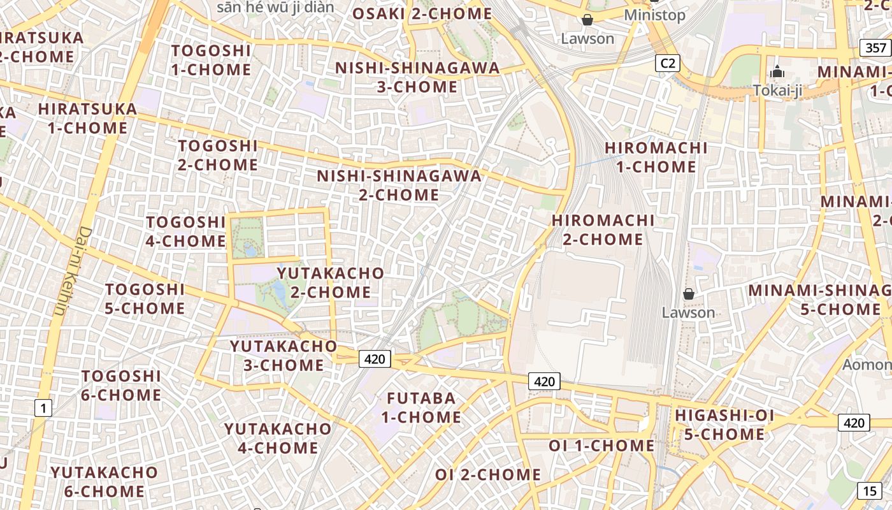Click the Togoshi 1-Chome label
click(x=211, y=60)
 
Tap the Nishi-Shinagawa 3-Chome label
click(x=417, y=77)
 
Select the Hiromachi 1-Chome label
click(x=656, y=157)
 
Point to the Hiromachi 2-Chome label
click(x=603, y=230)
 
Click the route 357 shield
click(x=876, y=48)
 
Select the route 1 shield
click(x=43, y=407)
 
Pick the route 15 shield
click(x=870, y=491)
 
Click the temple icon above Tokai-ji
click(x=777, y=71)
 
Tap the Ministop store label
click(x=654, y=15)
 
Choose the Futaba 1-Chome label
click(x=421, y=408)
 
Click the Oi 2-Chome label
click(x=488, y=475)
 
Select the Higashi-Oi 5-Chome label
click(x=724, y=425)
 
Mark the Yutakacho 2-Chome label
click(x=331, y=283)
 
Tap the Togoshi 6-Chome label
click(x=121, y=386)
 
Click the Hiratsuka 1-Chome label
click(x=87, y=119)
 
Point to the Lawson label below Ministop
click(x=587, y=38)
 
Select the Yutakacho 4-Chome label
click(x=278, y=438)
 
